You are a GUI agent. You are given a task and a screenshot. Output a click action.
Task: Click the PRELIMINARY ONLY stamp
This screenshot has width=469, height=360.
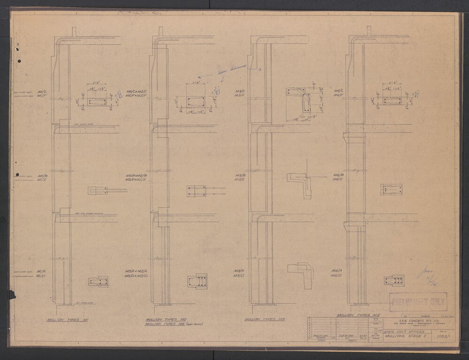(x=418, y=302)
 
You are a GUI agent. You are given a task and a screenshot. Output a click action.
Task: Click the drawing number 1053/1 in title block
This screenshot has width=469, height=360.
(x=442, y=336)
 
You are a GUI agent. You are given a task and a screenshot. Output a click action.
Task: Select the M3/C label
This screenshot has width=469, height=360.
(x=240, y=91)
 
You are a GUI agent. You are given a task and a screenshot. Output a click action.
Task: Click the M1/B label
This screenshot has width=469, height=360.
(x=42, y=175)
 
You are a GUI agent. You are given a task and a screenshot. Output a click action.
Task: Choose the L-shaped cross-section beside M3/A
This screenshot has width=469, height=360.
(x=300, y=274)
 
